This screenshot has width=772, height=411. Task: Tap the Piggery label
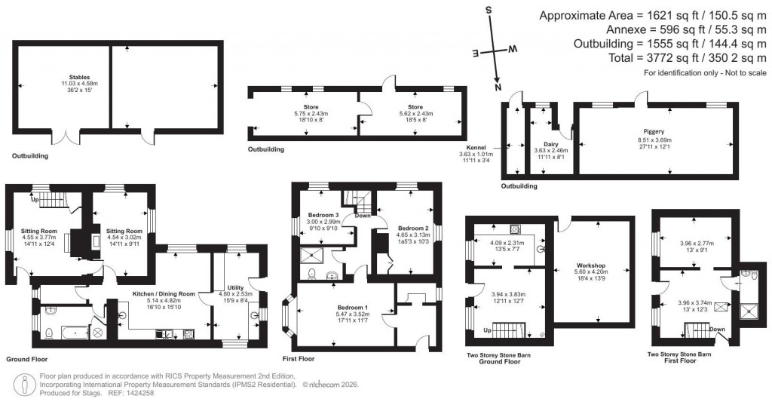coord(654,131)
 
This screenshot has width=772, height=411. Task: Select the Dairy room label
coord(550,143)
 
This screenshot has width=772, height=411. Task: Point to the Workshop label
coord(592,265)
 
